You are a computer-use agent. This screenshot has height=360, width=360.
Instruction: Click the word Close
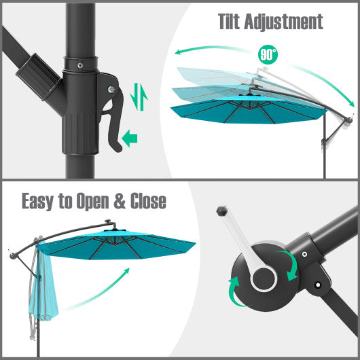click(143, 202)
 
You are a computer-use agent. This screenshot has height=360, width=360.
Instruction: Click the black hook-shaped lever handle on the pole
click(111, 109)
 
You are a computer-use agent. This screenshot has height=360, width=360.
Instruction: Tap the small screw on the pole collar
click(79, 66)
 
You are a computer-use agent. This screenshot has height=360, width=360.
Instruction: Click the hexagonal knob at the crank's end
click(222, 211)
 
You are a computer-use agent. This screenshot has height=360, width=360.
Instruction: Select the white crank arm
click(242, 245)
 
